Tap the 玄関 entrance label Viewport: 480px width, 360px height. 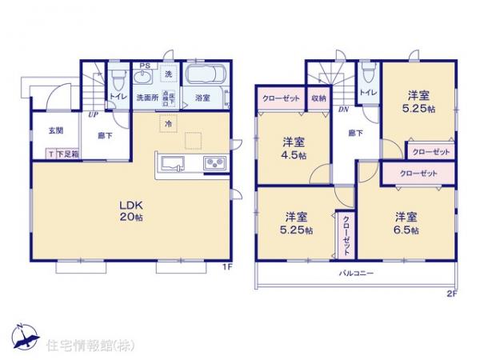coord(55,130)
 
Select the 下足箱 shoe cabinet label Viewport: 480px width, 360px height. coord(67,154)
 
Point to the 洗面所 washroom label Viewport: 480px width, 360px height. coord(146,98)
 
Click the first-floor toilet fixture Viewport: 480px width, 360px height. coord(118,79)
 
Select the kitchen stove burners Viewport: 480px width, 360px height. coord(215,164)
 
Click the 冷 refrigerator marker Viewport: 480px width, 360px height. coord(169,124)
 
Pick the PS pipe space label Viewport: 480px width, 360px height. coord(146,66)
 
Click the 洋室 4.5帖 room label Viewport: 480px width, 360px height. coord(293,148)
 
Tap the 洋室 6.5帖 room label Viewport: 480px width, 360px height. coord(406,222)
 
